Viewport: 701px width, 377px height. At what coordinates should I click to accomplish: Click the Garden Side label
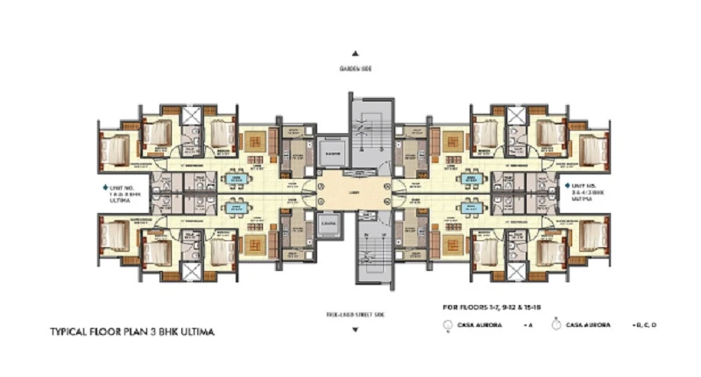(356, 68)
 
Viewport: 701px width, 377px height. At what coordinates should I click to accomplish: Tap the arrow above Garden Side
(356, 53)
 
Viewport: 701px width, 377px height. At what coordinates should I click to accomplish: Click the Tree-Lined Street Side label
(354, 313)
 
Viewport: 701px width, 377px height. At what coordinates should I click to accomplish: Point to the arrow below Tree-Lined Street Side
(354, 331)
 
